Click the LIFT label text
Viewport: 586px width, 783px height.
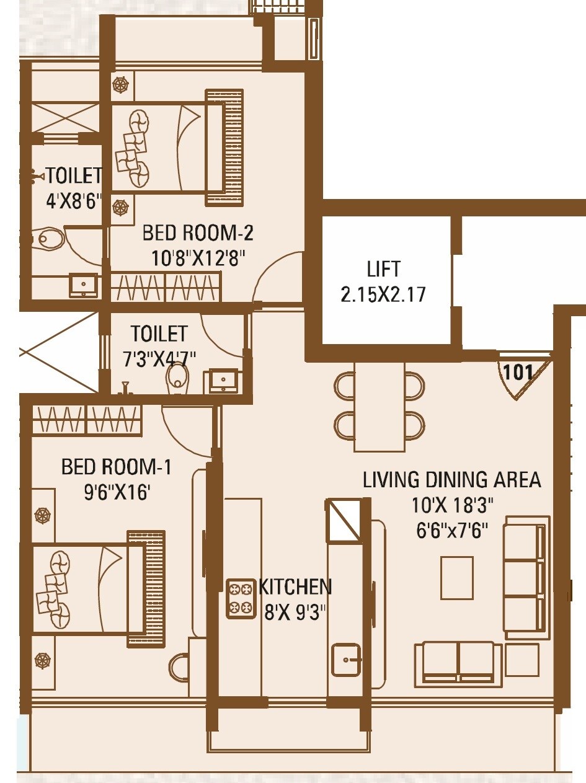[x=383, y=270]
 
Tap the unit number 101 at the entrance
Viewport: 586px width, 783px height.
[x=518, y=373]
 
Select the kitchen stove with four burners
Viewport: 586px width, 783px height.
[x=241, y=599]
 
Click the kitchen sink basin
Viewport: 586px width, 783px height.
[x=346, y=660]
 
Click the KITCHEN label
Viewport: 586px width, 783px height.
[x=295, y=586]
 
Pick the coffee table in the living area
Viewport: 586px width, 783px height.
[x=457, y=578]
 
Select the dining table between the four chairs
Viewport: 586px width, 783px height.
[x=380, y=406]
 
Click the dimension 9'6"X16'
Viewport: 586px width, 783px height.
[x=117, y=493]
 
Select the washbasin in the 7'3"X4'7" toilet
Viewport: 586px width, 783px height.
[x=223, y=379]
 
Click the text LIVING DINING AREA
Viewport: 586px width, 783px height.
[x=451, y=480]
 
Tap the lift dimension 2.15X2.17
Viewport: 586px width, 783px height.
[x=383, y=294]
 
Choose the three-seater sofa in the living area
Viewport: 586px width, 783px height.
[x=526, y=577]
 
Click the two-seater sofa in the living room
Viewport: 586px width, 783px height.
[x=458, y=663]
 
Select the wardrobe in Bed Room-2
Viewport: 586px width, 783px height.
[x=166, y=288]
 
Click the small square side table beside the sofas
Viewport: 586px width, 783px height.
[x=522, y=660]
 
